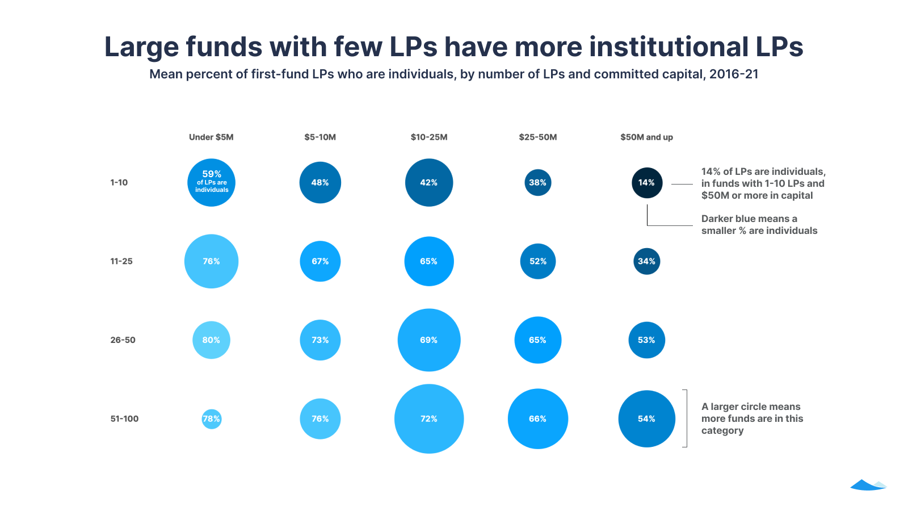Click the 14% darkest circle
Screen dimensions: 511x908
pos(647,183)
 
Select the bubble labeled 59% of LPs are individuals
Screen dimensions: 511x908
pos(211,182)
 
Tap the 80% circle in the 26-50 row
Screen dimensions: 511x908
pos(211,340)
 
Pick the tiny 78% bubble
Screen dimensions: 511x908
pos(211,419)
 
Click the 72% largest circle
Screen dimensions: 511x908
pos(429,419)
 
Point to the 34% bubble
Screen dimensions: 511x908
pos(647,261)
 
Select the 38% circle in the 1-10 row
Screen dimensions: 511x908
pos(537,183)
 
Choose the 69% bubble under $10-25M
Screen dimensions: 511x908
pos(429,340)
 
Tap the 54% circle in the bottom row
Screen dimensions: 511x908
pos(647,419)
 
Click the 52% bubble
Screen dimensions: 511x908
pos(537,261)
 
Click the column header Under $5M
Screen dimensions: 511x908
pos(211,137)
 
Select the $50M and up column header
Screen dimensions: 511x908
pos(646,137)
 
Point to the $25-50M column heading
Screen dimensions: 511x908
pos(537,137)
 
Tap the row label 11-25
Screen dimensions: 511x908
pos(121,261)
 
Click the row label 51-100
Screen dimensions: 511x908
pos(124,419)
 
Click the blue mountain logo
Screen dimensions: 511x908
pos(868,484)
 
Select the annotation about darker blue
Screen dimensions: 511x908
pos(759,225)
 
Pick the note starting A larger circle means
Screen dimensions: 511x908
pos(752,418)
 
